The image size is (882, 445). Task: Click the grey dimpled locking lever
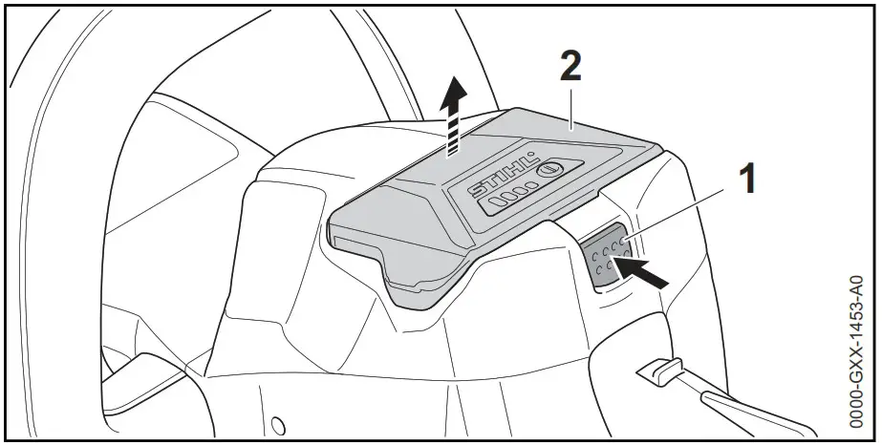coord(605,255)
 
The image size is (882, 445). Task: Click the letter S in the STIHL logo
coord(475,191)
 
